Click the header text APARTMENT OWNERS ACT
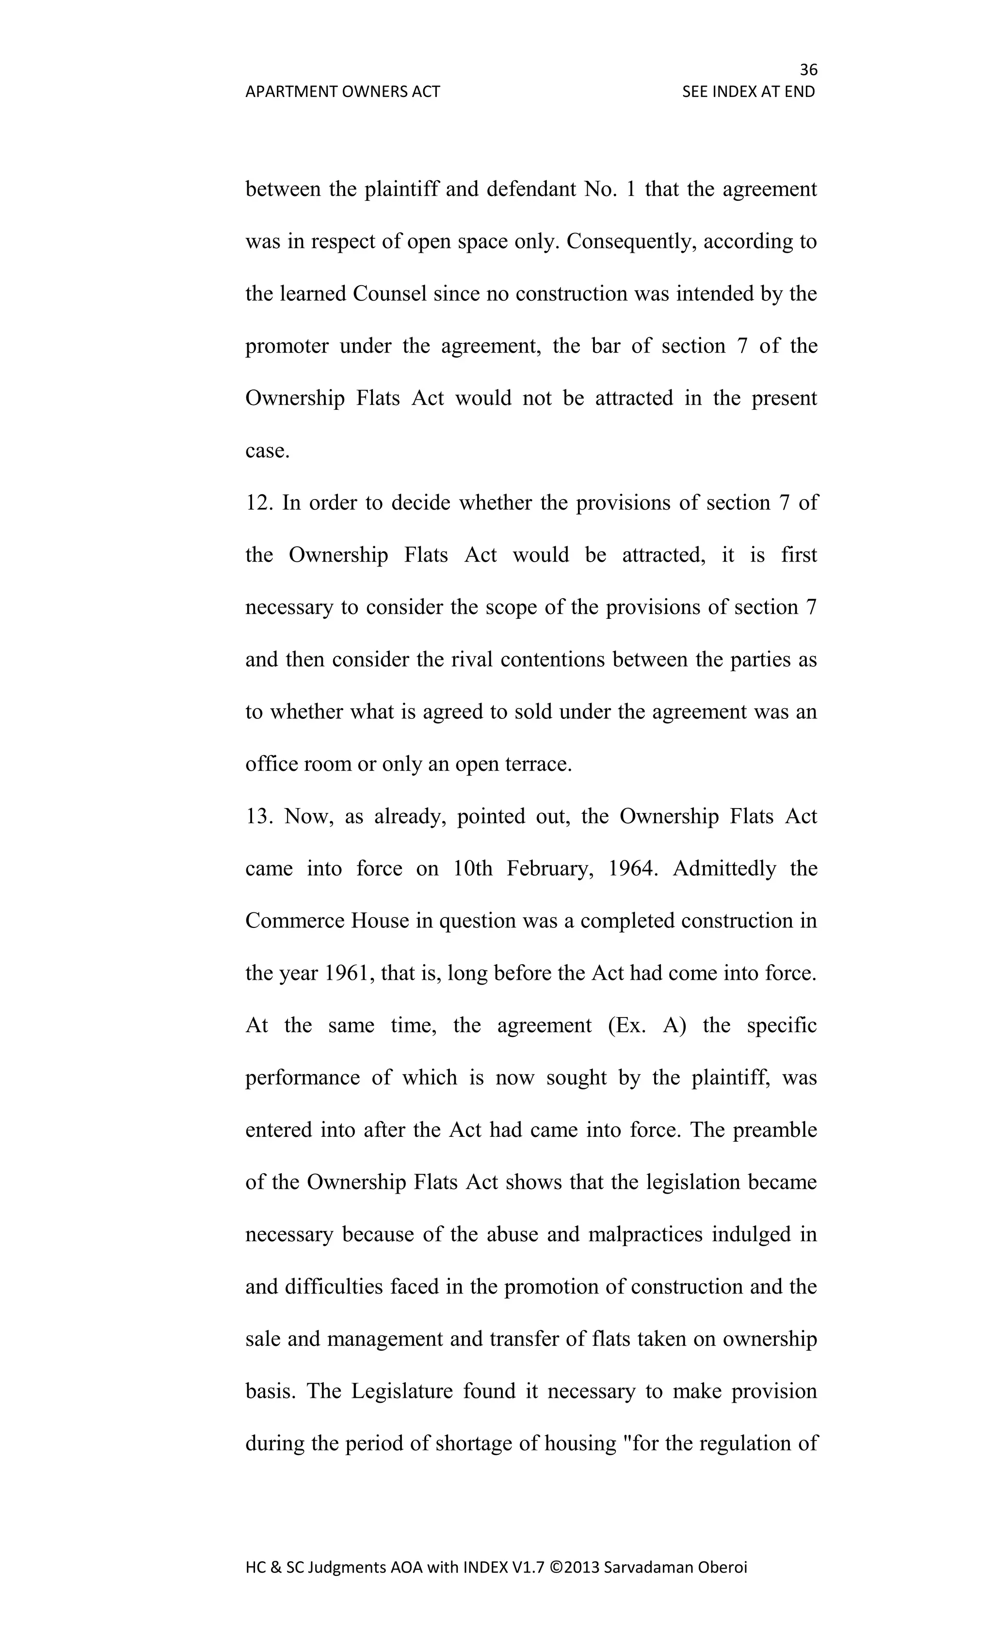point(342,92)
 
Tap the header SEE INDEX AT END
point(748,92)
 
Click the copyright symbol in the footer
point(556,1568)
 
